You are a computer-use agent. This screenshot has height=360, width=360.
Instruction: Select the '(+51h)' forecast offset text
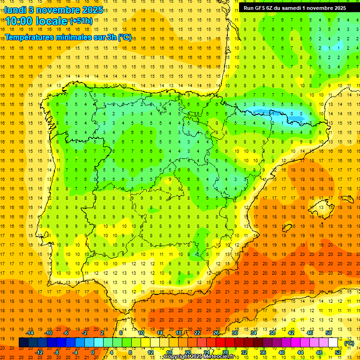(81, 21)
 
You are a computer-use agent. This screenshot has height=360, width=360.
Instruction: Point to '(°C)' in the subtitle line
(125, 37)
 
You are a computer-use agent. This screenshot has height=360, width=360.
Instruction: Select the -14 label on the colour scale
(30, 333)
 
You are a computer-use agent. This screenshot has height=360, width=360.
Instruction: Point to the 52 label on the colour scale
(338, 352)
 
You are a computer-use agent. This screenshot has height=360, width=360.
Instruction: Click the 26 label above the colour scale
(216, 333)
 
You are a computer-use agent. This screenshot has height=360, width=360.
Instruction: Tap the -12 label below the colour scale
(39, 352)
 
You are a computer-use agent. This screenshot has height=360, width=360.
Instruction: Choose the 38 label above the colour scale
(272, 333)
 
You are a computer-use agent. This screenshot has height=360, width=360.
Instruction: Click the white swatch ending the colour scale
(333, 343)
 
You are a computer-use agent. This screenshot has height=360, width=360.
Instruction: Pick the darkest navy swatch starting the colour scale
(24, 343)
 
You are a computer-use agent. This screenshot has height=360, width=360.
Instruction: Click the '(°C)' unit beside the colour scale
(349, 343)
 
